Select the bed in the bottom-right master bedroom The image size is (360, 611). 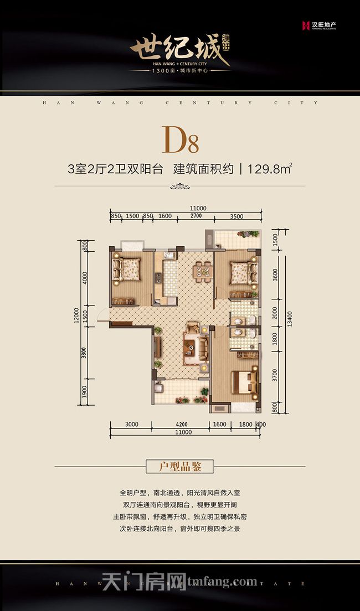point(244,381)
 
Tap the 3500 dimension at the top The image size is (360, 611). point(236,216)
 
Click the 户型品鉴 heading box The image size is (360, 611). point(179,467)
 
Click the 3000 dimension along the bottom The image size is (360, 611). point(131,424)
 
